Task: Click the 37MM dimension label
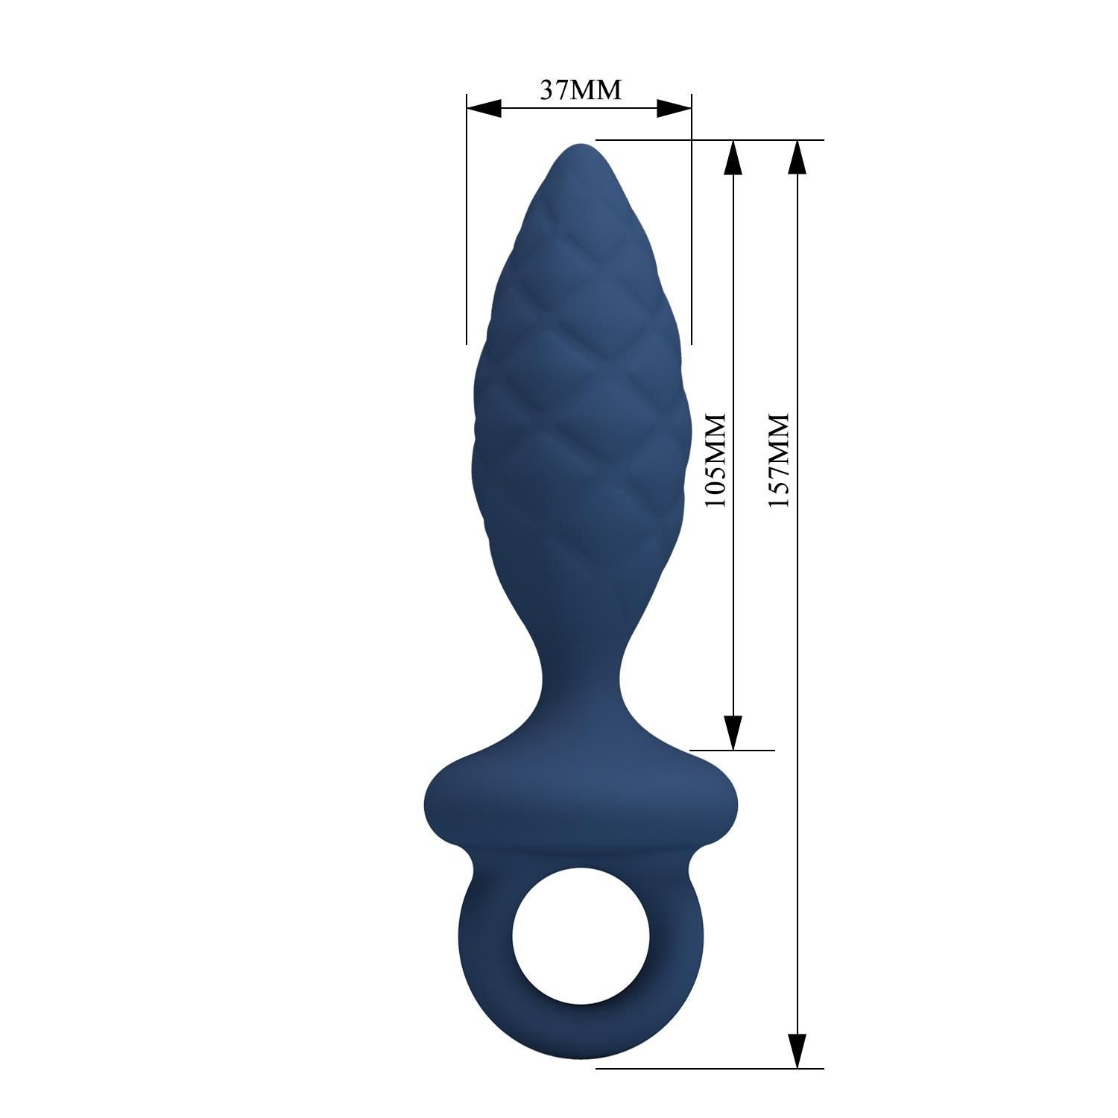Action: click(x=580, y=89)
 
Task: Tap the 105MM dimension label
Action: click(x=716, y=461)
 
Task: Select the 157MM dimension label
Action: click(x=778, y=461)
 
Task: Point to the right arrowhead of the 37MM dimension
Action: click(x=675, y=109)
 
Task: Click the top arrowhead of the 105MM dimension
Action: click(x=733, y=157)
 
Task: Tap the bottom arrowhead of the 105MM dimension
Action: click(x=733, y=732)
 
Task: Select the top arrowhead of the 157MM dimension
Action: click(x=797, y=157)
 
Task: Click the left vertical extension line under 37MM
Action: click(x=467, y=224)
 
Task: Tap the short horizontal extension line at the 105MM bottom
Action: click(x=734, y=750)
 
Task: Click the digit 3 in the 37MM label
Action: click(x=545, y=89)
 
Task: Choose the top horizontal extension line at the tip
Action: click(x=708, y=139)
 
